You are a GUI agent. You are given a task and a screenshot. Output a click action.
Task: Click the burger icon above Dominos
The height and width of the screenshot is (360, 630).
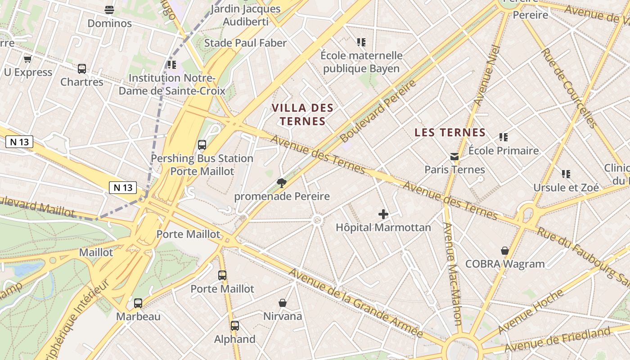click(x=109, y=9)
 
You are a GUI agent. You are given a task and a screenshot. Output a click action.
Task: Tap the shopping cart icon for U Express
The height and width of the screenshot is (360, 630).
click(x=28, y=59)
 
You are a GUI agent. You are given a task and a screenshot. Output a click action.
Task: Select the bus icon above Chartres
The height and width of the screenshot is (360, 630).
click(x=82, y=69)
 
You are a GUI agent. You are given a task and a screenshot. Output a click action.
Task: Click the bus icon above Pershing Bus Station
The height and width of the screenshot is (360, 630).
click(x=202, y=145)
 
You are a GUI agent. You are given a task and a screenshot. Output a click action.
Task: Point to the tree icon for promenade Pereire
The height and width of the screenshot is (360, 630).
click(x=282, y=183)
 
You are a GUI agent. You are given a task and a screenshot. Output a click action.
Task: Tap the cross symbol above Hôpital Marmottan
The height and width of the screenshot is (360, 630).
click(x=383, y=214)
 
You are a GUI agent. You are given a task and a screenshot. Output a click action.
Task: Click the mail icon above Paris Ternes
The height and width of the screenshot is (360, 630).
click(x=454, y=157)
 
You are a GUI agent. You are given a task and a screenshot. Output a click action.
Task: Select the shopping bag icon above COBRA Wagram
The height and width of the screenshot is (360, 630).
click(x=505, y=251)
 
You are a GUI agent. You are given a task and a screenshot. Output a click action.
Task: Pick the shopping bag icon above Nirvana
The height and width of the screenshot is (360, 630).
click(x=283, y=303)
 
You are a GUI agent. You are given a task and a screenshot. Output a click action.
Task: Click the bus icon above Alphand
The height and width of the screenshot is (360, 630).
click(x=234, y=326)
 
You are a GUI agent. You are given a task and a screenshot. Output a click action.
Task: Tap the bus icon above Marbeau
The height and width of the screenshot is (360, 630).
click(x=138, y=303)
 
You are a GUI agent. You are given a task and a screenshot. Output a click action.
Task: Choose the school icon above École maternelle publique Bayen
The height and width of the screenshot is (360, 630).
click(x=361, y=42)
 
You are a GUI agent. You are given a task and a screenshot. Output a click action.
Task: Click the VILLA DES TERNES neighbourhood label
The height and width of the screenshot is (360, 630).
click(x=303, y=114)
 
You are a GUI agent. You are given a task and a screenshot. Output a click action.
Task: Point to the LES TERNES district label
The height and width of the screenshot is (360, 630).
click(x=450, y=132)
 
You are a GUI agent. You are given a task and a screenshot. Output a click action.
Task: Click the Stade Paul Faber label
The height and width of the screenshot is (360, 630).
click(x=245, y=43)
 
